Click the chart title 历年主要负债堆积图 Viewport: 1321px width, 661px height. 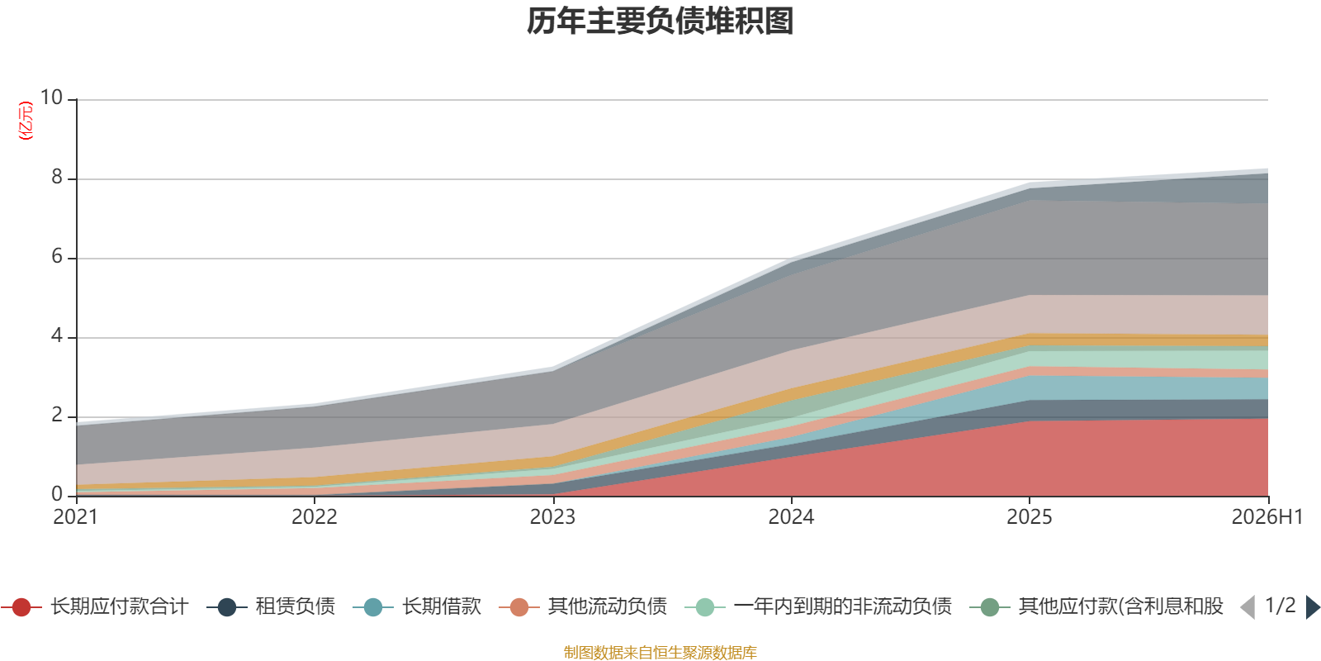[x=660, y=21]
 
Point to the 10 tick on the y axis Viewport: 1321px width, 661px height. [x=51, y=97]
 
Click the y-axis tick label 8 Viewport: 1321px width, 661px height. [x=57, y=177]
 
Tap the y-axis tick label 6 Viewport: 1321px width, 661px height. [x=57, y=256]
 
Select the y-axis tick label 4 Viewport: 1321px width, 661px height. [x=57, y=335]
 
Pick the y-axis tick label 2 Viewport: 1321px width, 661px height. [x=57, y=415]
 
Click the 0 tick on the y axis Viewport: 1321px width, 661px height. [x=57, y=494]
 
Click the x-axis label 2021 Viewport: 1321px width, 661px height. [x=75, y=517]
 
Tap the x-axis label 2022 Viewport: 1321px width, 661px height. [x=315, y=517]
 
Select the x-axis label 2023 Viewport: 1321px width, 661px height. [x=552, y=517]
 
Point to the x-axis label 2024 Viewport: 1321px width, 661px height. [x=791, y=517]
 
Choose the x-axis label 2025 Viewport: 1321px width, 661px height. [x=1030, y=517]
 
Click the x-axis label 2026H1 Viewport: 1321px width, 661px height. [x=1267, y=517]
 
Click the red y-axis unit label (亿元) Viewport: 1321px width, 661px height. [x=26, y=121]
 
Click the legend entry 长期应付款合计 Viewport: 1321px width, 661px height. [x=95, y=606]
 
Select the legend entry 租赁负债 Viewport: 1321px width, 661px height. [x=272, y=606]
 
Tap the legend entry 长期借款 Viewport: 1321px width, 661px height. [x=418, y=606]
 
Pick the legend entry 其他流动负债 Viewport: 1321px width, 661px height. [x=583, y=606]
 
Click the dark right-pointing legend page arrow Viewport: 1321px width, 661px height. [x=1313, y=607]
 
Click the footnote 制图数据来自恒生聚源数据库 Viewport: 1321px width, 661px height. [x=660, y=652]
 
